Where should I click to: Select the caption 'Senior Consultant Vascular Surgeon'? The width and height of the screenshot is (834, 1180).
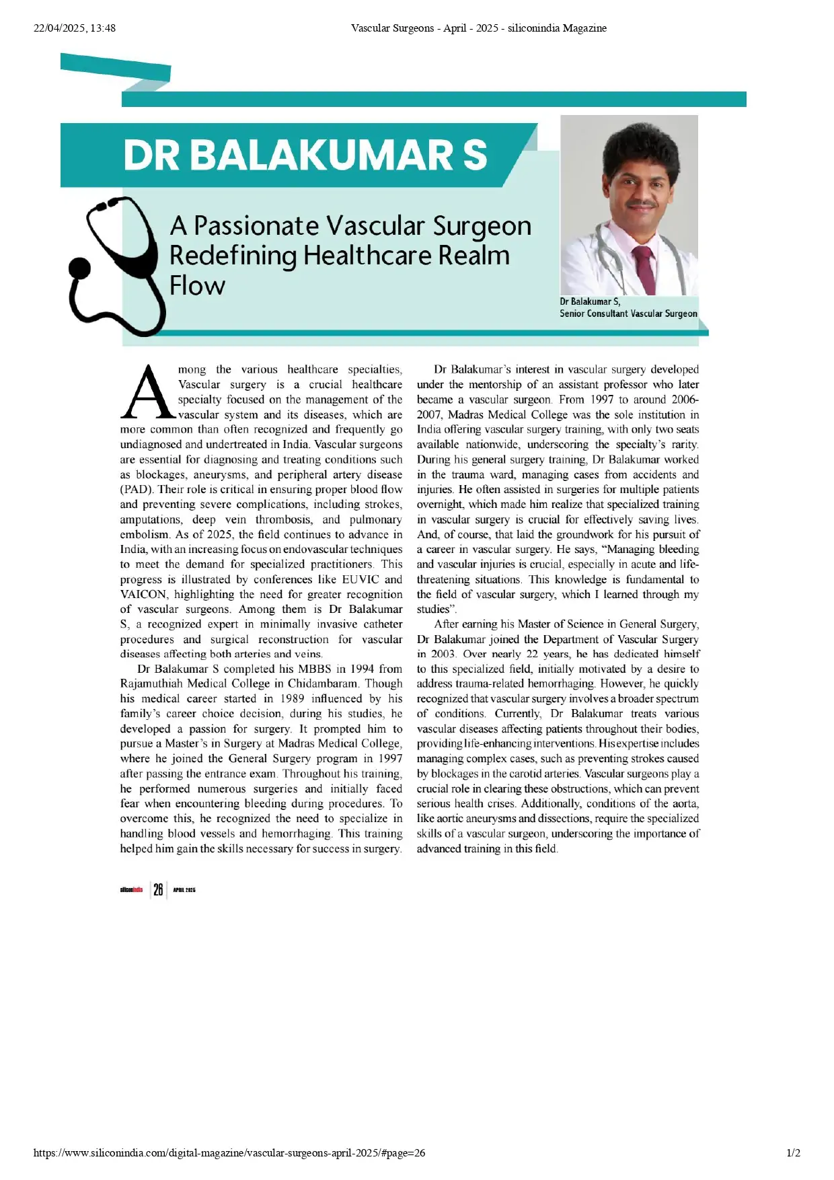[628, 314]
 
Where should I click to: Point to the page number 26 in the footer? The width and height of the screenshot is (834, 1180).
[158, 889]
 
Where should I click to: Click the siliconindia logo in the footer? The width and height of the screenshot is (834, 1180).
[131, 889]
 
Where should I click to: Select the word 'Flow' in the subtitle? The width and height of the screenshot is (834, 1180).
[197, 285]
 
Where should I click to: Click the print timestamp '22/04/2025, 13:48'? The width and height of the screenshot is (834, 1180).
[75, 28]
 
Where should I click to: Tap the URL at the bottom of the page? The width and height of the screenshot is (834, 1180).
[229, 1152]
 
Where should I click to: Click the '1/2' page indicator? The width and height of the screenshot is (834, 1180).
[793, 1152]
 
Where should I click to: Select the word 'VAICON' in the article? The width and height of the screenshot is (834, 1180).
[143, 594]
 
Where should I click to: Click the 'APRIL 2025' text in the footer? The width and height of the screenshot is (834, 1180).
[184, 890]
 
